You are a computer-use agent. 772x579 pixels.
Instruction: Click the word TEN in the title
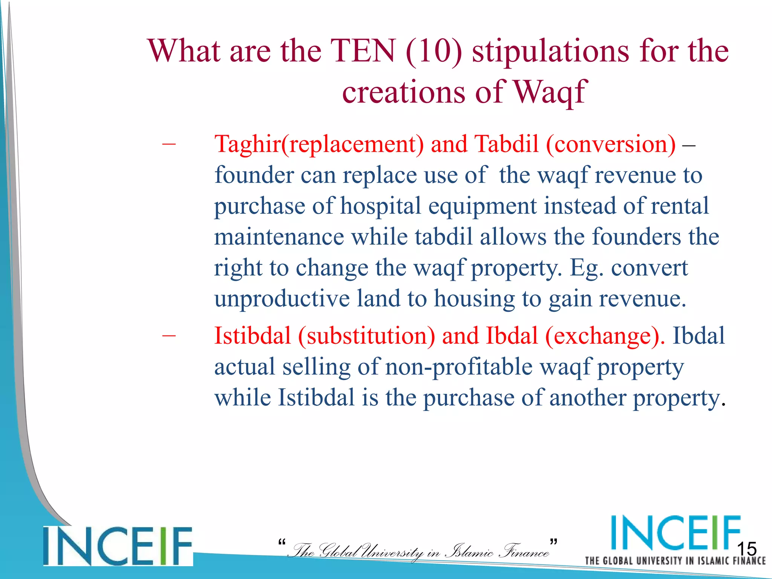point(363,51)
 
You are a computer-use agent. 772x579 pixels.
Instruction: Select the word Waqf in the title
point(550,92)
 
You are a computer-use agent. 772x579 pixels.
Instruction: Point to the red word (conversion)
point(611,144)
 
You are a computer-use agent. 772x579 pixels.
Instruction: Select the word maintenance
point(279,237)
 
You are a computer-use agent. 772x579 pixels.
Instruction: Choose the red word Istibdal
point(253,335)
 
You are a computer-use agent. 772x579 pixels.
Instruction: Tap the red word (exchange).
point(605,335)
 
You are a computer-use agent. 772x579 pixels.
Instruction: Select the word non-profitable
point(458,367)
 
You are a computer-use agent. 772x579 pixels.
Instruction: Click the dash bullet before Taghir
point(168,144)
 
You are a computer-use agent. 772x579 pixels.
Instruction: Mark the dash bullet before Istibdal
point(168,335)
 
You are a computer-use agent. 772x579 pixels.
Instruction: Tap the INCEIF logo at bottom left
point(118,546)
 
